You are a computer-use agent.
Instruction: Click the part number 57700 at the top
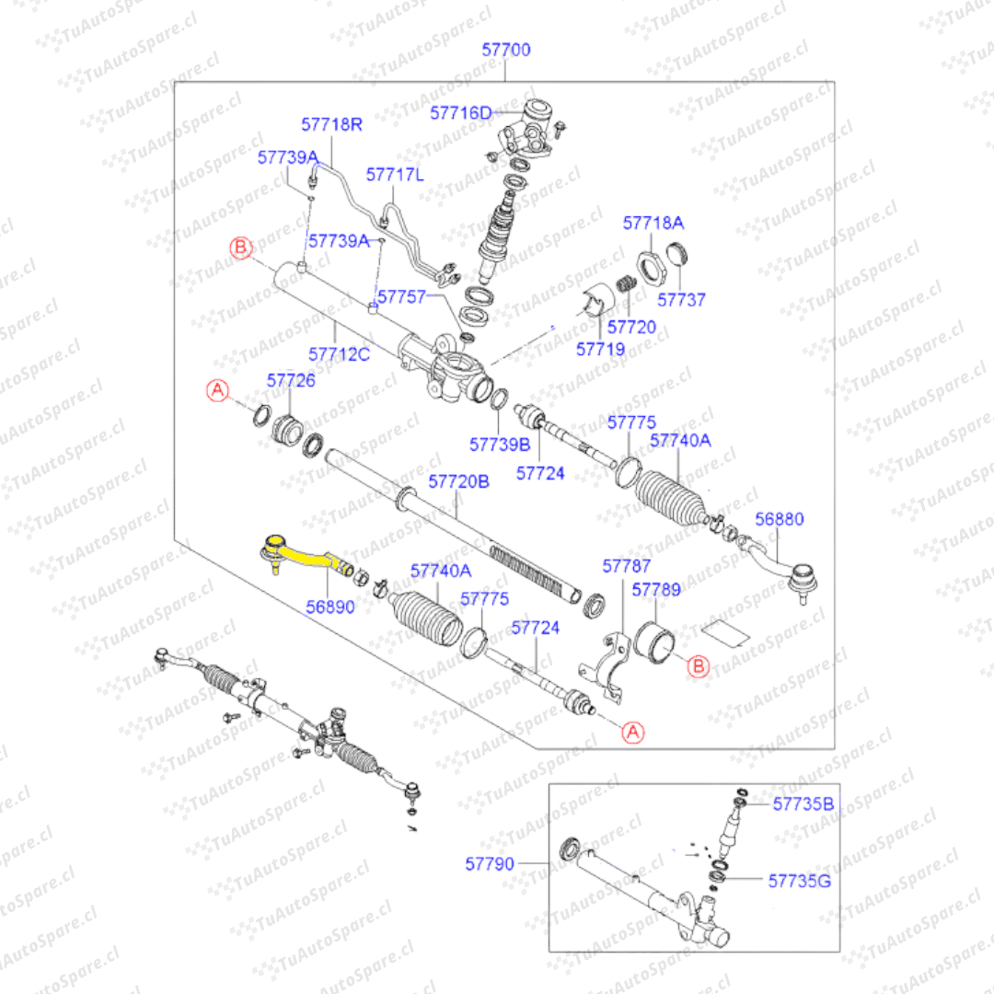pos(506,50)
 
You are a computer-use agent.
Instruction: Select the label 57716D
pos(461,113)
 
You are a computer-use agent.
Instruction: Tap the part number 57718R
pos(332,123)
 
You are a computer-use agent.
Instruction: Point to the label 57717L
pos(395,174)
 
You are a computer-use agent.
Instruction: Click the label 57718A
pos(653,223)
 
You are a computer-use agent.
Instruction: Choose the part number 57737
pos(681,300)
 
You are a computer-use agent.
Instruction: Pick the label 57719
pos(600,349)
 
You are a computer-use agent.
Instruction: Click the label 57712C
pos(339,353)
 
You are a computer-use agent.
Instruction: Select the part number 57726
pos(291,380)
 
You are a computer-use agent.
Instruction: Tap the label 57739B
pos(500,444)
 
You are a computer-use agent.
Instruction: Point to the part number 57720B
pos(459,481)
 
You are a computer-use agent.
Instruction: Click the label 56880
pos(780,519)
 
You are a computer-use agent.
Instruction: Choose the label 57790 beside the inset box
pos(490,863)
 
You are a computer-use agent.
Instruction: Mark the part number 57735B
pos(803,804)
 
